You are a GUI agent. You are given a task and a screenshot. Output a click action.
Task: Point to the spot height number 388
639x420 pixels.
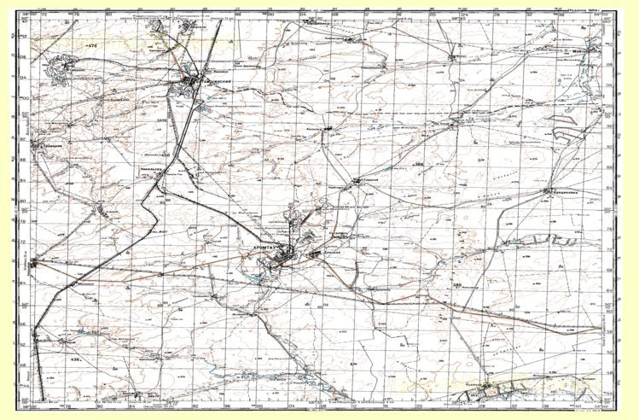coord(457,284)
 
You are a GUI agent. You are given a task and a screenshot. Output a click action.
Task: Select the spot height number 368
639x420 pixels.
coord(419,163)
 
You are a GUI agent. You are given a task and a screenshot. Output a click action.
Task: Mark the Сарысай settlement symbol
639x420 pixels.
coord(357,180)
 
